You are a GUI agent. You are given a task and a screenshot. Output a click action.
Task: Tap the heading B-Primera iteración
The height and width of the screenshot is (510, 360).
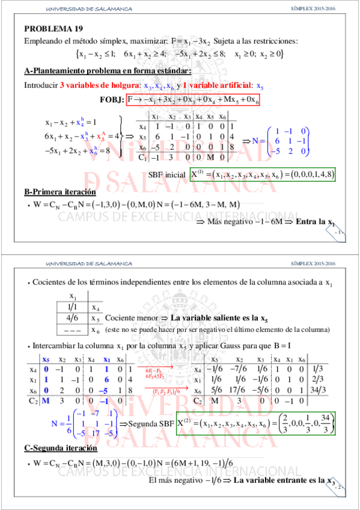point(59,192)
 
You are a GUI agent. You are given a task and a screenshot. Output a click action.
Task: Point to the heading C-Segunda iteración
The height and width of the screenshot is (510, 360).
point(61,449)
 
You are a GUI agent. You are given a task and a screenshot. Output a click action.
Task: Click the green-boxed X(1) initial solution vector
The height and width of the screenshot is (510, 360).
point(263,175)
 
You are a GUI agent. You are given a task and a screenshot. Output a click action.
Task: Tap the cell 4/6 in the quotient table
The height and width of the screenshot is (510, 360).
point(72,317)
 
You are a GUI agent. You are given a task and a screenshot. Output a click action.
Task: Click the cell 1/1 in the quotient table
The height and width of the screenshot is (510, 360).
point(72,307)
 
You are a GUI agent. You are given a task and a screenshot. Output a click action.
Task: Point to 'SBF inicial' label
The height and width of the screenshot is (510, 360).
point(166,176)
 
